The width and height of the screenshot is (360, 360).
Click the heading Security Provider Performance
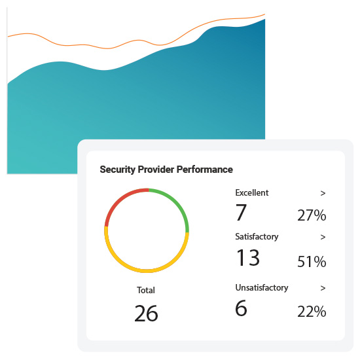tap(166, 170)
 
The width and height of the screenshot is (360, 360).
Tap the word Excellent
tap(252, 193)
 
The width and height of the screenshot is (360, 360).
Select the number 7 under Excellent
tap(241, 213)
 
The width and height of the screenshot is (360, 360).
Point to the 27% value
tap(312, 216)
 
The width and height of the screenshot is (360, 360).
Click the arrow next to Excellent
tap(323, 193)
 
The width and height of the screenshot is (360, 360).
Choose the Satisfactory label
tap(257, 237)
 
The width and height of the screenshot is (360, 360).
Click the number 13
tap(247, 257)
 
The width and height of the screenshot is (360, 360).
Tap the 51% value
tap(312, 262)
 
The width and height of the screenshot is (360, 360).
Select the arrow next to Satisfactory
tap(323, 237)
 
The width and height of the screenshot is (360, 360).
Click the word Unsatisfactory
tap(262, 287)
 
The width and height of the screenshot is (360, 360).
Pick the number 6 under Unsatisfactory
tap(241, 308)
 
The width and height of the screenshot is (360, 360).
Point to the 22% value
tap(312, 312)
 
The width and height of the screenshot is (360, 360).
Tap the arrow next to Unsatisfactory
tap(323, 287)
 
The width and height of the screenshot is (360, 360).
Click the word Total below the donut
tap(146, 290)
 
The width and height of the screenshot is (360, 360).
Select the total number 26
tap(146, 314)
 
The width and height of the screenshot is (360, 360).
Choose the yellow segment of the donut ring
tap(147, 270)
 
